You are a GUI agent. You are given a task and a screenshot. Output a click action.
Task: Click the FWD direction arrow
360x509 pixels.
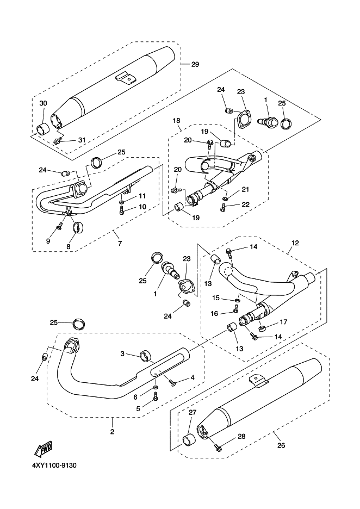click(44, 449)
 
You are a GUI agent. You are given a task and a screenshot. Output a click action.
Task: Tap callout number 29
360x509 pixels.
click(195, 64)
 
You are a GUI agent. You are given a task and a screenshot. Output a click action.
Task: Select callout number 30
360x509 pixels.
click(43, 103)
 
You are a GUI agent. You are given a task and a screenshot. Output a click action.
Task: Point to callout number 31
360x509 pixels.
click(81, 140)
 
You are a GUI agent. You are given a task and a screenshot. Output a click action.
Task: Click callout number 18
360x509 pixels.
click(176, 120)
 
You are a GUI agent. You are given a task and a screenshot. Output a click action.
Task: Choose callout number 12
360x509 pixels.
click(295, 243)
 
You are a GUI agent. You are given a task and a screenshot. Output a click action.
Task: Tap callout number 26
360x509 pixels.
click(281, 445)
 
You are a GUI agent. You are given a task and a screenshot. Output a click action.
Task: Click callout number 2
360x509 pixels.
click(113, 432)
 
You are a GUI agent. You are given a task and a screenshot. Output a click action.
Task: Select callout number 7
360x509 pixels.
click(120, 244)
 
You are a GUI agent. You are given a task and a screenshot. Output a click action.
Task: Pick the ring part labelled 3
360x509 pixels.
click(146, 356)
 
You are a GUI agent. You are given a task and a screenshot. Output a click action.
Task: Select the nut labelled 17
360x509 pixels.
click(262, 328)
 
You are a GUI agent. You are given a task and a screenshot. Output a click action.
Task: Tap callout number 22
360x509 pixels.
click(246, 204)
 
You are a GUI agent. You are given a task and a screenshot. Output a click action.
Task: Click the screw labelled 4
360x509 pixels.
click(172, 383)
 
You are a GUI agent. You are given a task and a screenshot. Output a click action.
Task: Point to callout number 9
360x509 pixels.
click(48, 241)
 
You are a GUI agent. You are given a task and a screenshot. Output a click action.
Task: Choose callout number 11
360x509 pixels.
click(142, 196)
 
